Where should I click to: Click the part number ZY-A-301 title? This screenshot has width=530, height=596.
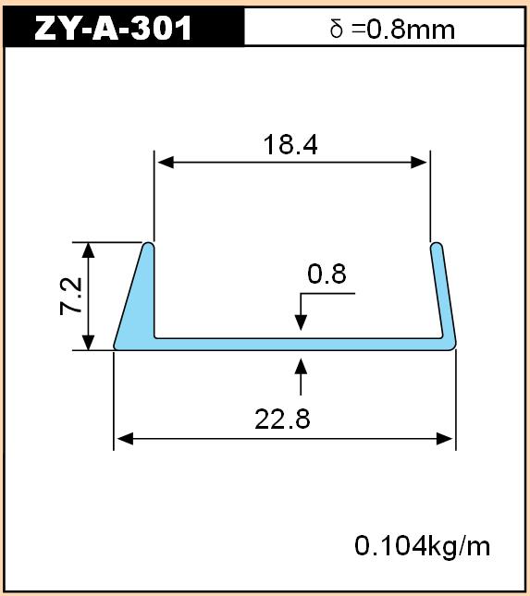click(113, 28)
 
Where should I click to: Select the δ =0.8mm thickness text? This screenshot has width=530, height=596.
click(392, 29)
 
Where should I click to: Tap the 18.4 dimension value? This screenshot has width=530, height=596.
click(290, 145)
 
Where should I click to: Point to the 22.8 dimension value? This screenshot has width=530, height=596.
click(282, 419)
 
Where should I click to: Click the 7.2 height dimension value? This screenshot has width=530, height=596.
click(71, 296)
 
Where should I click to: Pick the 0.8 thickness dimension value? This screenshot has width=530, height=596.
click(327, 274)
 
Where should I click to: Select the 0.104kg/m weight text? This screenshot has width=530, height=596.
click(423, 546)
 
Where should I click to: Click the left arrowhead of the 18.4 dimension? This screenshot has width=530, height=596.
click(166, 163)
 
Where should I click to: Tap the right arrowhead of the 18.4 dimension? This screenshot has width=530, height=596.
click(419, 163)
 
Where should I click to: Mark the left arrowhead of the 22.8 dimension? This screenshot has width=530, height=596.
click(125, 439)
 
